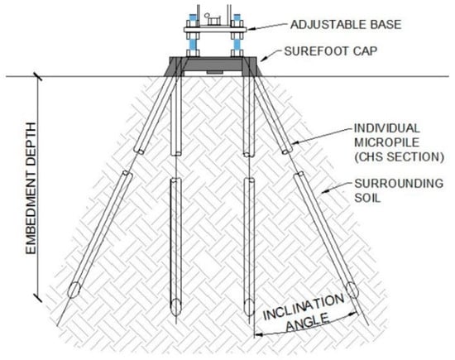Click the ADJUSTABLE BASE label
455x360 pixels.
click(x=346, y=24)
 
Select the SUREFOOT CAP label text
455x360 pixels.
click(x=331, y=51)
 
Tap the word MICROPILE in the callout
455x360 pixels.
click(x=387, y=142)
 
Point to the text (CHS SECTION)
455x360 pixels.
click(x=400, y=156)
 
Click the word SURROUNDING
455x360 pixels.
click(x=399, y=184)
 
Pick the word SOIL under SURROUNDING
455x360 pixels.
click(x=367, y=198)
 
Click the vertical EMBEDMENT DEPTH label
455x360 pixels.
click(x=31, y=189)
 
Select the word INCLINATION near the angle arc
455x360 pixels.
click(x=304, y=307)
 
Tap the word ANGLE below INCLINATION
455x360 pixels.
click(x=308, y=322)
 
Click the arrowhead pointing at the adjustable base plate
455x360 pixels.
click(x=250, y=29)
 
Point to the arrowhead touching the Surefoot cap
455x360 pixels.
click(x=261, y=60)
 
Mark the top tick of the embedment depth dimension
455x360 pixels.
click(x=37, y=76)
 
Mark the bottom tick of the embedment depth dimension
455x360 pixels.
click(x=37, y=297)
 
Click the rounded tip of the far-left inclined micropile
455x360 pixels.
click(x=74, y=290)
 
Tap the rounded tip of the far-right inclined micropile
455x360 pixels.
click(x=352, y=289)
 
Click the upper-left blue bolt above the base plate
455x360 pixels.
click(x=193, y=18)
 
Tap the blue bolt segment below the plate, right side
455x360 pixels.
click(x=237, y=45)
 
